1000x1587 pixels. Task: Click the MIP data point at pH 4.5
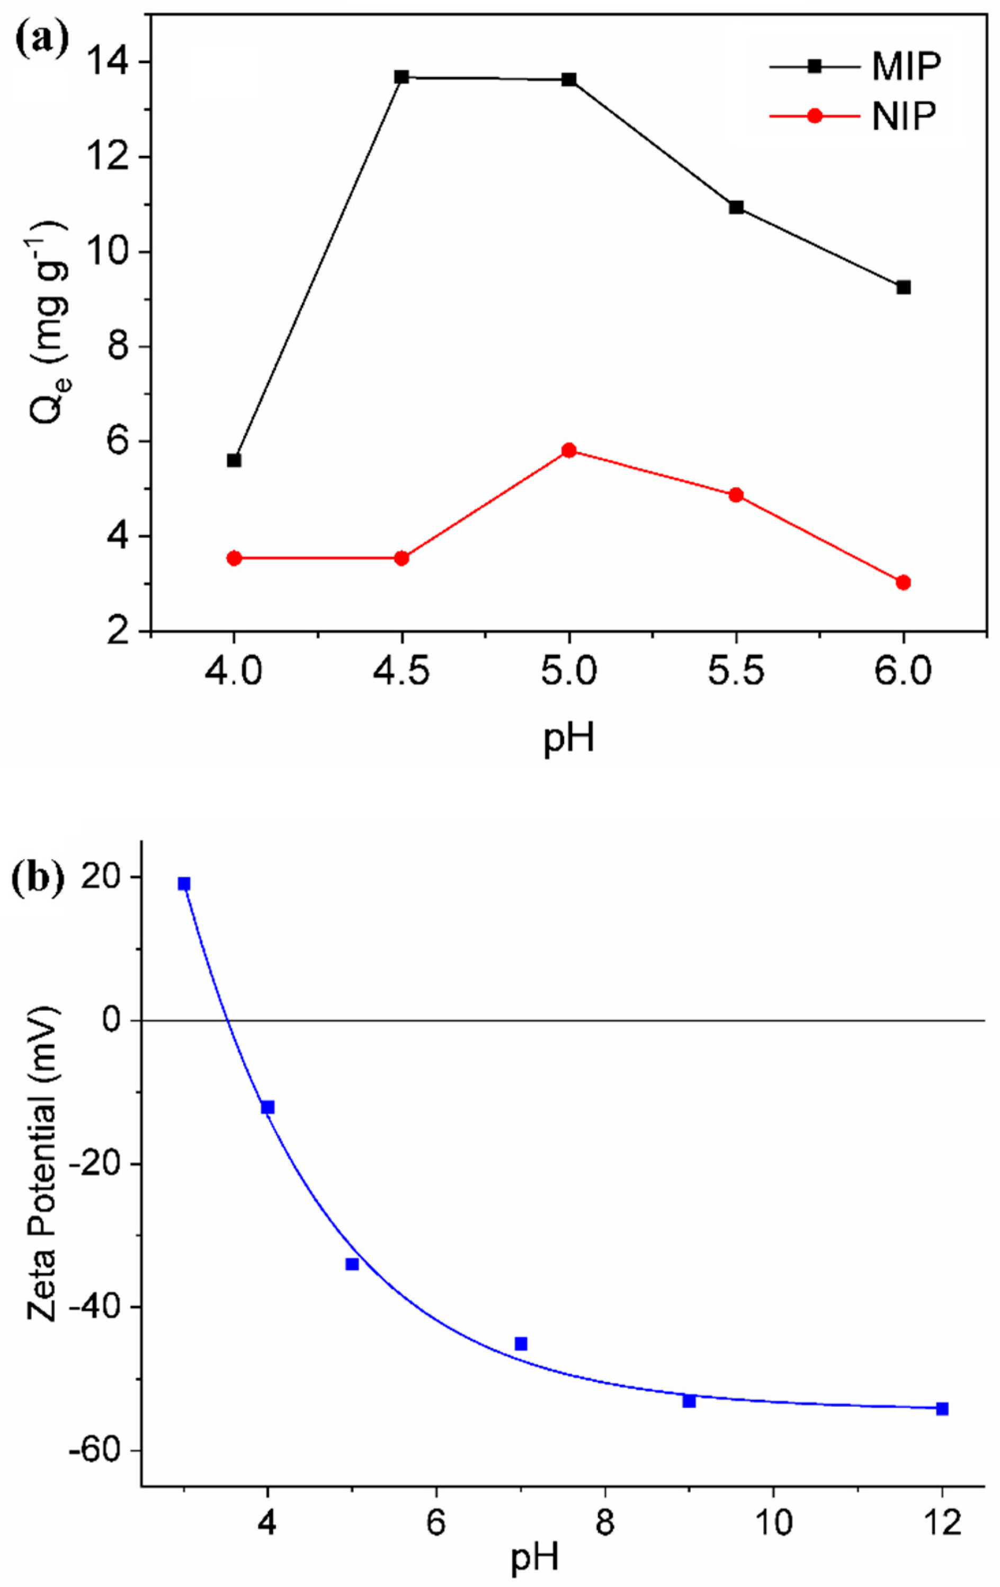401,77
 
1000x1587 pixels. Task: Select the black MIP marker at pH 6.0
903,287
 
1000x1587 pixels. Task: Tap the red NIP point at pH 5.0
569,450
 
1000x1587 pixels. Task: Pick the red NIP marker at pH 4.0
234,558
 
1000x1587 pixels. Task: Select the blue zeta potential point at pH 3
184,884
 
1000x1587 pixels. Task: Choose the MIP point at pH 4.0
234,460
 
